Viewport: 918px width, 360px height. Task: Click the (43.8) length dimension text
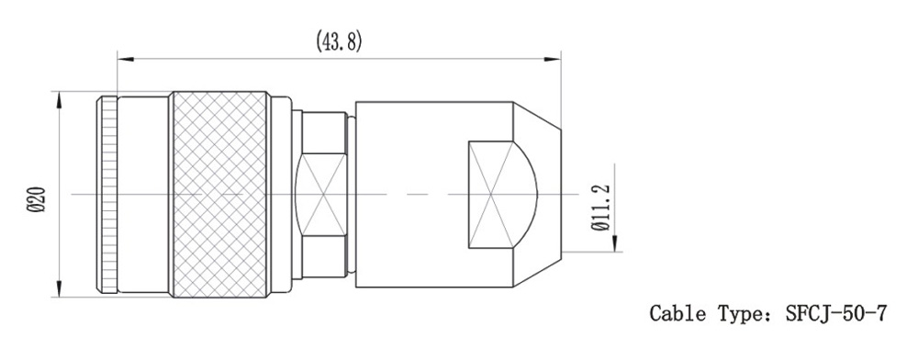click(x=339, y=41)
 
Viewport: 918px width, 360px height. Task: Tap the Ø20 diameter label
click(x=38, y=200)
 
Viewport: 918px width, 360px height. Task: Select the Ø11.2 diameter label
click(x=600, y=208)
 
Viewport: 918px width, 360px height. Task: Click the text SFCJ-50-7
click(x=836, y=314)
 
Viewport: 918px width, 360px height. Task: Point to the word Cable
click(x=677, y=314)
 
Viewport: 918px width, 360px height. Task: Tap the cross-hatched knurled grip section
click(x=219, y=194)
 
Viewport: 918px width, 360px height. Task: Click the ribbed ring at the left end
click(x=107, y=195)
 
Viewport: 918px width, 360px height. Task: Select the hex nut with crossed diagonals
click(x=321, y=194)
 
